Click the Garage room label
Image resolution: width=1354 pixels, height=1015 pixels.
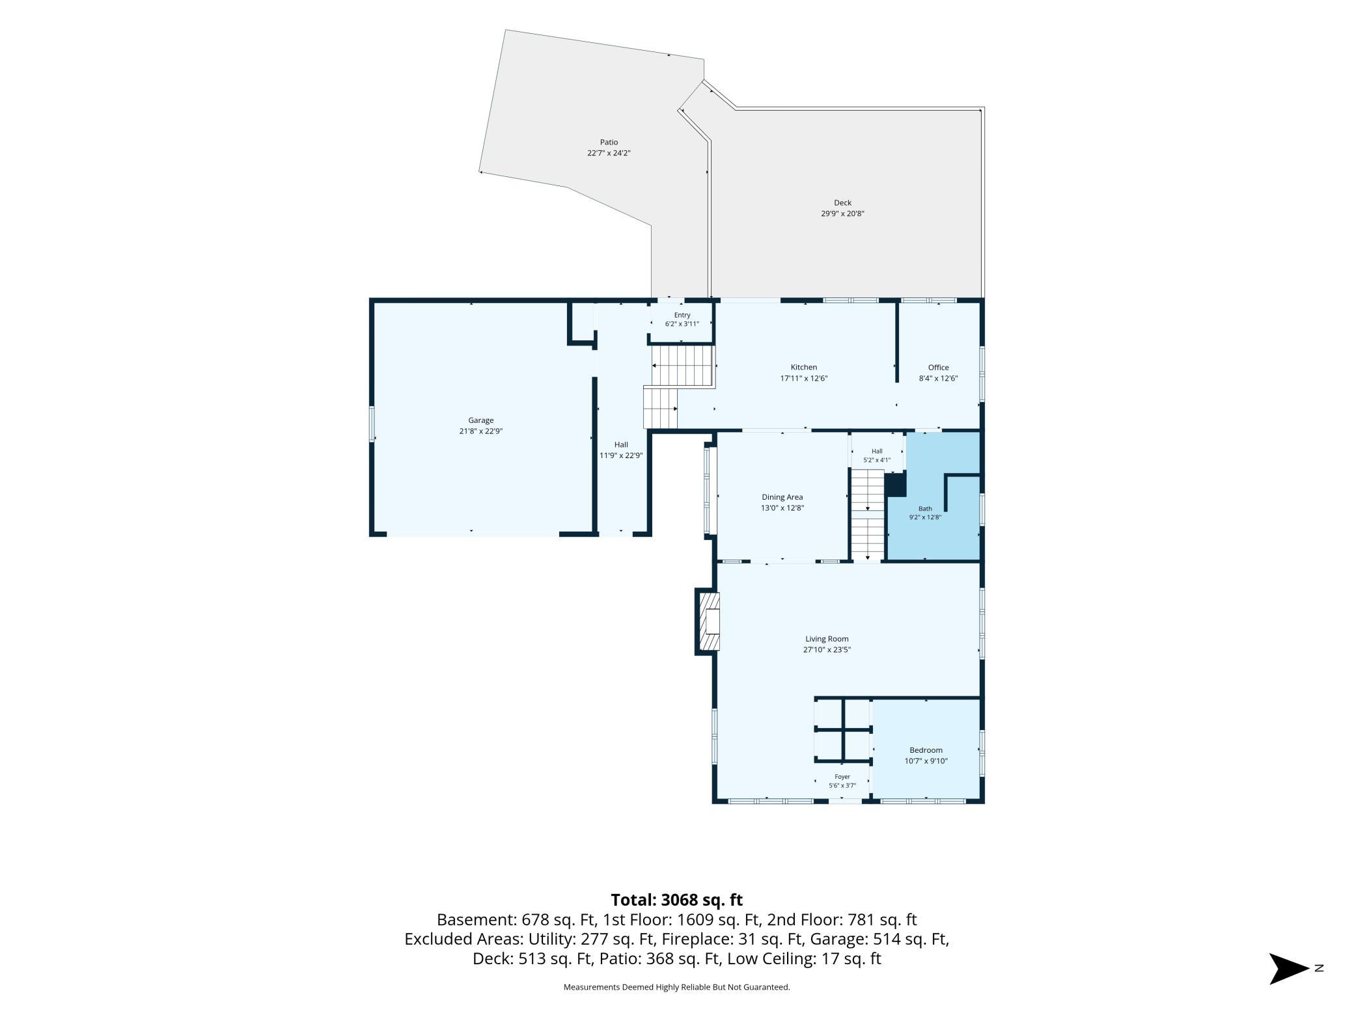tap(481, 420)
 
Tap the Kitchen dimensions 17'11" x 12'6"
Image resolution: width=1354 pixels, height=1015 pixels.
tap(804, 378)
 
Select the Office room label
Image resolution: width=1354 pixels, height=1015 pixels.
tap(938, 368)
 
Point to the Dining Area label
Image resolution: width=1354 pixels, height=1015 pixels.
tap(782, 497)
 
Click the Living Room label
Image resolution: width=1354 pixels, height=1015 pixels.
tap(827, 639)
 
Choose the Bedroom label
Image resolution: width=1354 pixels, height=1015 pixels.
tap(926, 750)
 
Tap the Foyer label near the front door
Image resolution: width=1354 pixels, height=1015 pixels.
tap(842, 777)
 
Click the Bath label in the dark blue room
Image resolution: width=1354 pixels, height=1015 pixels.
tap(925, 509)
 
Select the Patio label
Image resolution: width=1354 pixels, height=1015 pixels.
tap(609, 142)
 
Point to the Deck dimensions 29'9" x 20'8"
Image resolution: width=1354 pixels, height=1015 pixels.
tap(842, 213)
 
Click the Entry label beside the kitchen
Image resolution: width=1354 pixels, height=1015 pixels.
tap(682, 315)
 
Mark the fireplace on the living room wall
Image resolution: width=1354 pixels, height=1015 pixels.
tap(707, 621)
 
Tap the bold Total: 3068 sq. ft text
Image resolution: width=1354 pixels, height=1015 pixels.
tap(676, 900)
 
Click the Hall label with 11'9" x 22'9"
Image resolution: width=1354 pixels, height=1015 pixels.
tap(621, 444)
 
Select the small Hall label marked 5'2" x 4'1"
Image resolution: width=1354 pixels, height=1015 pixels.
tap(877, 451)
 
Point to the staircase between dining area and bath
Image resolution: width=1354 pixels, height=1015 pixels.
tap(868, 515)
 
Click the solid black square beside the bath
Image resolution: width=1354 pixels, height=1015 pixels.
tap(896, 485)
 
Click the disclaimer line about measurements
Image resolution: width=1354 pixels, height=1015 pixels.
tap(676, 987)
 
